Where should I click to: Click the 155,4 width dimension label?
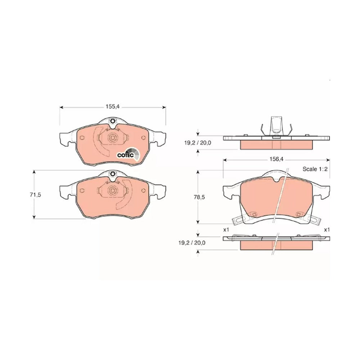click(113, 107)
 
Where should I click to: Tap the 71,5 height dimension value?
click(35, 195)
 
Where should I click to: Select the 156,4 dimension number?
click(276, 159)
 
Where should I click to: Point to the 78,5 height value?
click(199, 197)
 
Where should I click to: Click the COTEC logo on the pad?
click(128, 154)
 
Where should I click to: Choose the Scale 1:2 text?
click(315, 169)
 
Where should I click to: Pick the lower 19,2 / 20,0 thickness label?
click(192, 243)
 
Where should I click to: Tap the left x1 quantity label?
click(226, 230)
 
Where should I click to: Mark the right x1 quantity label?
click(327, 230)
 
